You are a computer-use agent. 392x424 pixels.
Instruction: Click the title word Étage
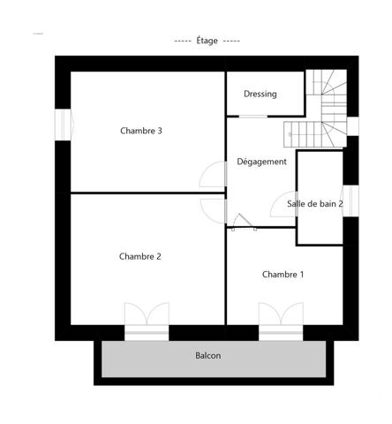207,41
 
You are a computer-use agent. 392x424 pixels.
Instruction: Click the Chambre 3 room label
140,132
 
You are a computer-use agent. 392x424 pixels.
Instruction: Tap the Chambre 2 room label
139,257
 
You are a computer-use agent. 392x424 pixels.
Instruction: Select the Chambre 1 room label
283,275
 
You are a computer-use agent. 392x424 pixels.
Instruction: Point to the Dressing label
260,95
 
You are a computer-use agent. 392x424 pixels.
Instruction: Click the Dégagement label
261,162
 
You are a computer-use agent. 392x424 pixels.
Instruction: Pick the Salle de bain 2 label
314,204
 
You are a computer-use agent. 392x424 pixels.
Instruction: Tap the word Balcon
207,356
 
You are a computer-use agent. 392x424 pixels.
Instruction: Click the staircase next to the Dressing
327,110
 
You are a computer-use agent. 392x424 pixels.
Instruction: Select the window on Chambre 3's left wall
63,124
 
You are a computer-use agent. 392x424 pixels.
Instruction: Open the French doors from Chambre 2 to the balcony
146,321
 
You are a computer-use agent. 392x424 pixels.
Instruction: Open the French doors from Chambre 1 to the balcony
282,321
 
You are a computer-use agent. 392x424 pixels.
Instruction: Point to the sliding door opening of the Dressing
265,115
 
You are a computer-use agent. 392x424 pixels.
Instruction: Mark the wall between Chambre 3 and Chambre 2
146,193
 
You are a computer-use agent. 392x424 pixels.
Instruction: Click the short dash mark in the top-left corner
37,34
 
